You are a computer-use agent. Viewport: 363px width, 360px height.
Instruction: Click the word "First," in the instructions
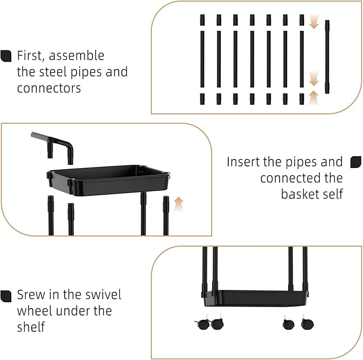pyautogui.click(x=30, y=56)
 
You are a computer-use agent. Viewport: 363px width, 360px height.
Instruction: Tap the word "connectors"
pyautogui.click(x=49, y=88)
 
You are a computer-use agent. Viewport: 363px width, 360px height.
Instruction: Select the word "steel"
pyautogui.click(x=53, y=72)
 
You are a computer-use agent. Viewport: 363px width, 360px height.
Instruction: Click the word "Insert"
pyautogui.click(x=244, y=162)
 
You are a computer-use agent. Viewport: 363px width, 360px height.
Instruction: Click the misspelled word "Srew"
pyautogui.click(x=32, y=295)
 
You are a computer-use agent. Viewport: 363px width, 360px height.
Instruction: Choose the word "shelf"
pyautogui.click(x=31, y=327)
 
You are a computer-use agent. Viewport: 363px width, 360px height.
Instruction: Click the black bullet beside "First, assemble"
pyautogui.click(x=6, y=56)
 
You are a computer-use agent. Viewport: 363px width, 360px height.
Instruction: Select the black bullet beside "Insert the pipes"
pyautogui.click(x=356, y=162)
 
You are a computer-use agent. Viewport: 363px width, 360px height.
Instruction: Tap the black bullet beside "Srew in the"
pyautogui.click(x=6, y=296)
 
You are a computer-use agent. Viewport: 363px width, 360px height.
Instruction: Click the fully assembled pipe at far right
pyautogui.click(x=327, y=57)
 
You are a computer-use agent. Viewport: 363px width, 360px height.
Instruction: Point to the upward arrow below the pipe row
pyautogui.click(x=314, y=97)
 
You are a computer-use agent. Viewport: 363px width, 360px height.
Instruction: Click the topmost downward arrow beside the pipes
pyautogui.click(x=314, y=21)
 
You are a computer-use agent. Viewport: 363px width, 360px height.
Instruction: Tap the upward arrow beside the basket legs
pyautogui.click(x=179, y=204)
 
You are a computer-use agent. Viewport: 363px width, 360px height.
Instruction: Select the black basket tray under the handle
pyautogui.click(x=109, y=180)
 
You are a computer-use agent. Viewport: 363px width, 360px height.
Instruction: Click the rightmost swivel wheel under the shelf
pyautogui.click(x=307, y=323)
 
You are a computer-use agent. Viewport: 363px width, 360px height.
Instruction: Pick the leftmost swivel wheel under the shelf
pyautogui.click(x=203, y=323)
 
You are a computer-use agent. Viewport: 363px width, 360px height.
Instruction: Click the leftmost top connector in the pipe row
pyautogui.click(x=202, y=20)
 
